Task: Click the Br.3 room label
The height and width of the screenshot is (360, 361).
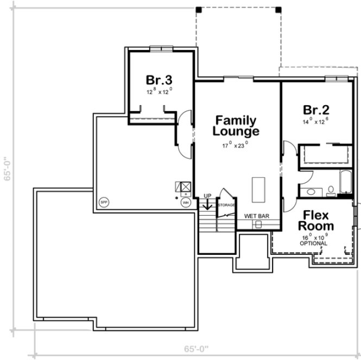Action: click(159, 80)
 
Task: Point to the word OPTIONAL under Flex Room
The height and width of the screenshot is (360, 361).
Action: click(314, 243)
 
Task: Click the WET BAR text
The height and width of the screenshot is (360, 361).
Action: click(256, 216)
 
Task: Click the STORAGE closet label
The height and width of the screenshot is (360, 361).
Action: click(226, 205)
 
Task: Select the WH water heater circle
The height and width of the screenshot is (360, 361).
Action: click(186, 203)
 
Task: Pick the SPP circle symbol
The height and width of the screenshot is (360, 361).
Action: click(103, 203)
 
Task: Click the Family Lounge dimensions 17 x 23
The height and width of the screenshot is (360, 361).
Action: click(235, 144)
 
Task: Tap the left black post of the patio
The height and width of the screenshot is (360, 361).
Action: click(198, 9)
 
